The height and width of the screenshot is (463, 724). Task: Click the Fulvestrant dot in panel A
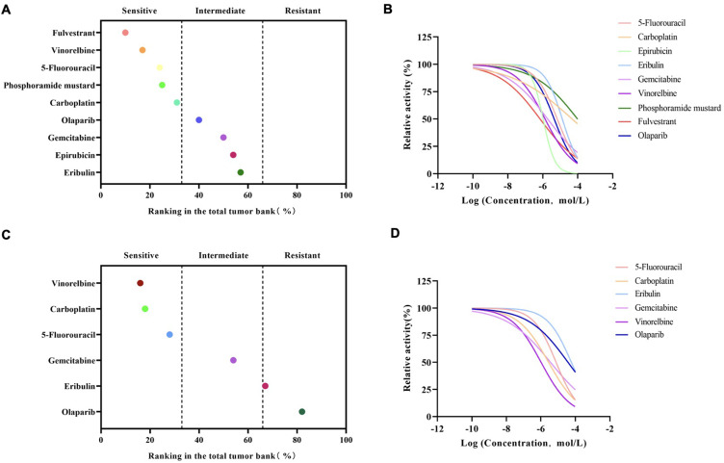pyautogui.click(x=125, y=33)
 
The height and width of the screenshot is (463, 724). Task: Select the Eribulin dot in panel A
pyautogui.click(x=241, y=172)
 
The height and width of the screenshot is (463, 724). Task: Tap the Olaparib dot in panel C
pyautogui.click(x=302, y=412)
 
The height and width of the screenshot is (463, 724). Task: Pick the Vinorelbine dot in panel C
pyautogui.click(x=141, y=283)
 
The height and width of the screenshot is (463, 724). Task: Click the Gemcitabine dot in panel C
pyautogui.click(x=233, y=360)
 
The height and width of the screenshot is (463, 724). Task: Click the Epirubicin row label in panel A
pyautogui.click(x=69, y=154)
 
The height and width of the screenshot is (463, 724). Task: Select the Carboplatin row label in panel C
pyautogui.click(x=68, y=309)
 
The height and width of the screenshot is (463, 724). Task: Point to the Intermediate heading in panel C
pyautogui.click(x=221, y=255)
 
